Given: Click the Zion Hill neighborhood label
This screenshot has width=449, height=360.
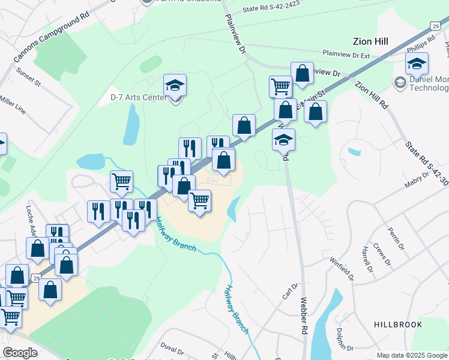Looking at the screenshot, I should click(370, 41).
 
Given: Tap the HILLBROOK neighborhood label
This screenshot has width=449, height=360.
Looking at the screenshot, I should click(398, 325).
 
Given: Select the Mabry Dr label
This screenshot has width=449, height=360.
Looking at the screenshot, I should click(417, 179).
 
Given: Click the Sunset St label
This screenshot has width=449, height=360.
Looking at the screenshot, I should click(29, 77).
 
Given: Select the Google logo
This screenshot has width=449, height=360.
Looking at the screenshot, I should click(20, 353).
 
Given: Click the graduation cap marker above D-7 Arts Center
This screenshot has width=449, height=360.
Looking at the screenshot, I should click(175, 85).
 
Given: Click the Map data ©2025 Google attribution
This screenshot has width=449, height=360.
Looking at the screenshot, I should click(412, 355).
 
